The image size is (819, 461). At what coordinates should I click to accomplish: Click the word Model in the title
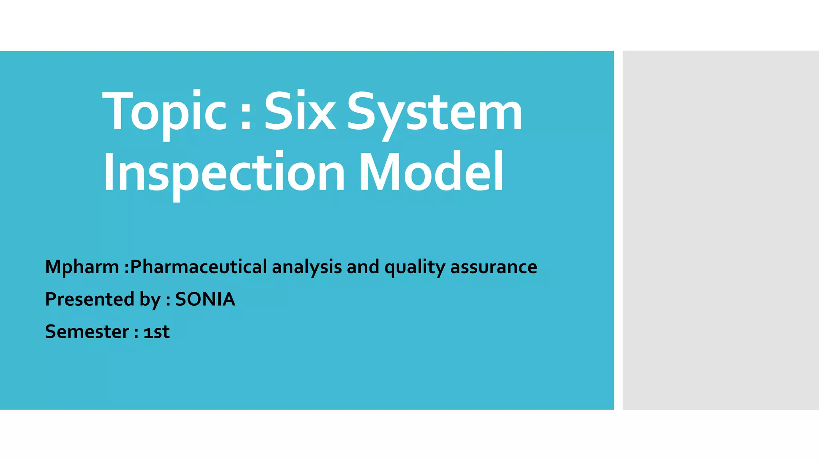(431, 172)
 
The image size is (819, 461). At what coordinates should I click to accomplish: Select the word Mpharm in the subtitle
(82, 267)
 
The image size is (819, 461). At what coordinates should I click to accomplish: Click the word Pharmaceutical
(199, 267)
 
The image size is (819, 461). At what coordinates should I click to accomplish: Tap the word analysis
(307, 267)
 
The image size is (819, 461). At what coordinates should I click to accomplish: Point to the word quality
(414, 267)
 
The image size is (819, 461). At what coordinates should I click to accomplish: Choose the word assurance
(493, 267)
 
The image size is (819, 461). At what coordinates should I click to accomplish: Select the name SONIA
(205, 299)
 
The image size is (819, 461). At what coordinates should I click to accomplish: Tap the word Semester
(87, 332)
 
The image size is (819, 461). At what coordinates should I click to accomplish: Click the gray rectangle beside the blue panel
(720, 230)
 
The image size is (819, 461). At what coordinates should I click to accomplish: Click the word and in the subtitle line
(363, 267)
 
